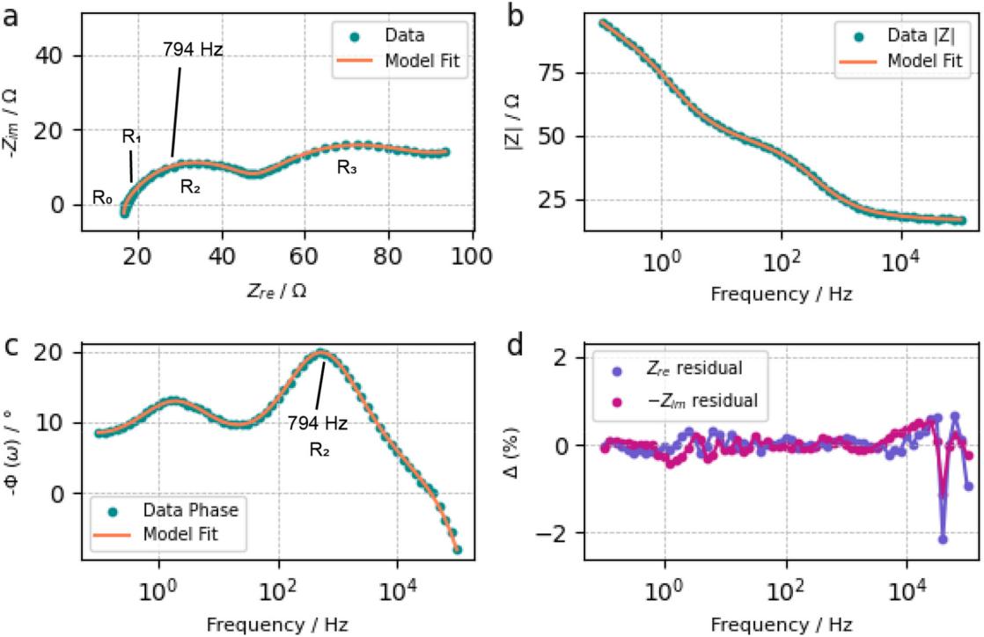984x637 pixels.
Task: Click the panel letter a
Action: coord(11,17)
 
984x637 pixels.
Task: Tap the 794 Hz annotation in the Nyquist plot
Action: coord(193,49)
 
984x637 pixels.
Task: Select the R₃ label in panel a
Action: coord(347,167)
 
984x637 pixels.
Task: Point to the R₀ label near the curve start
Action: coord(102,197)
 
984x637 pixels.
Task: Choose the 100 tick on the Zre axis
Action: coord(471,256)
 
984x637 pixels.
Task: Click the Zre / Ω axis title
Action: coord(276,290)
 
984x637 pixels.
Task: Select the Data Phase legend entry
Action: coord(174,509)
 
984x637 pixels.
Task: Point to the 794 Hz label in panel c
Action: coord(318,423)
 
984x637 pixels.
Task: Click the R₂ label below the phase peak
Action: coord(319,450)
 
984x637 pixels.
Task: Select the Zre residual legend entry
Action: coord(677,368)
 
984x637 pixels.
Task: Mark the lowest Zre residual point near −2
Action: coord(943,539)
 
